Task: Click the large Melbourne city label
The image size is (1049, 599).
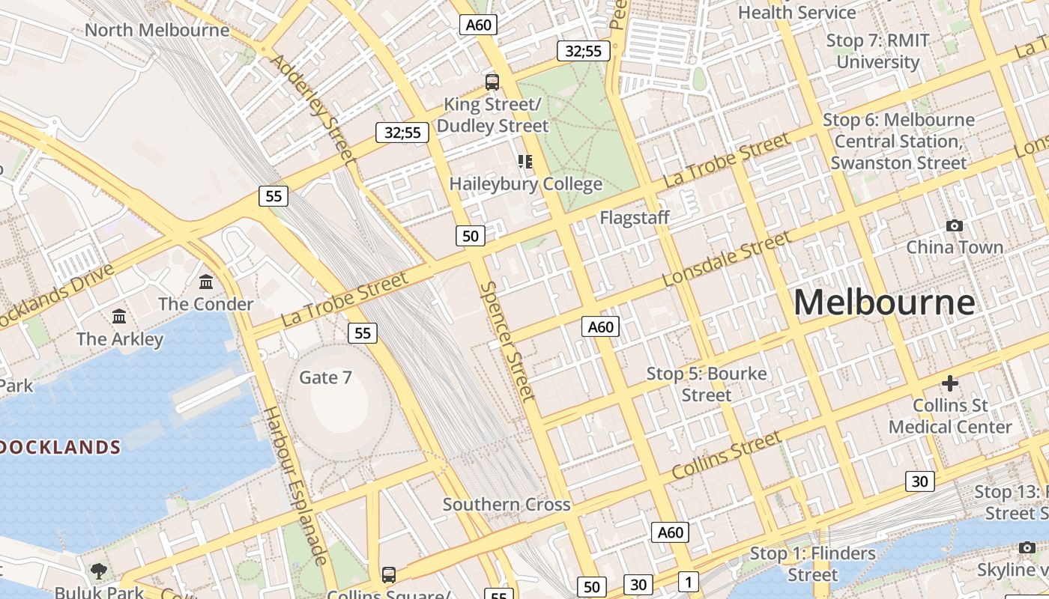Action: [884, 302]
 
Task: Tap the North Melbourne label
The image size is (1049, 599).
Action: [157, 30]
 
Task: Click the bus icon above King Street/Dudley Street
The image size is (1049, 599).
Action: [492, 82]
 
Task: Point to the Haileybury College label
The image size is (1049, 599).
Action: [525, 183]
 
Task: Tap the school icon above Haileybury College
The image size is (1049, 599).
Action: [525, 162]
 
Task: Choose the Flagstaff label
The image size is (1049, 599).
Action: [635, 218]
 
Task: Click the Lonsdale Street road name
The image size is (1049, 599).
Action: [727, 259]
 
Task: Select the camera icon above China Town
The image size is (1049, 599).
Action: [955, 225]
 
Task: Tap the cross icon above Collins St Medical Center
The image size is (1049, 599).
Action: [950, 384]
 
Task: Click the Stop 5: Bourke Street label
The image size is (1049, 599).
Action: [707, 383]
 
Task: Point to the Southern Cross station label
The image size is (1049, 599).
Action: [507, 505]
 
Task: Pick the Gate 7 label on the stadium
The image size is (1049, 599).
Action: [325, 377]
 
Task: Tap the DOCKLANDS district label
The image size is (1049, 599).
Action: [60, 448]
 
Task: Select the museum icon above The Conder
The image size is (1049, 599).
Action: [206, 282]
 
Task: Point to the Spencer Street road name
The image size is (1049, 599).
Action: [508, 341]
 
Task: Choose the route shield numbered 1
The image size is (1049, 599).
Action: [688, 582]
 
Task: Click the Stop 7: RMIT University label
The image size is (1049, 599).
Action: [877, 51]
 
